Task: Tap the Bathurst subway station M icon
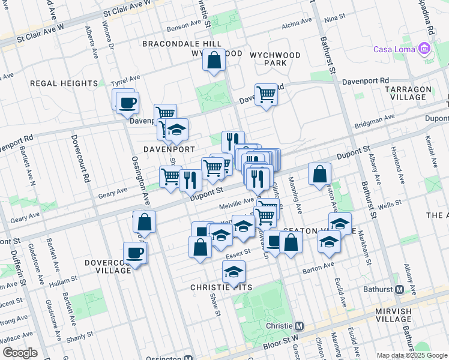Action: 399,289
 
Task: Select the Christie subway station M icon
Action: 300,326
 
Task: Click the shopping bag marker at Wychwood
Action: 214,60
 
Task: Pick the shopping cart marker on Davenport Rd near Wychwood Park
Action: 265,94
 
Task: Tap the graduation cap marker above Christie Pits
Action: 234,272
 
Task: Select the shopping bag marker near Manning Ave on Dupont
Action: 320,173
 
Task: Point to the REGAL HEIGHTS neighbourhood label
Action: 64,83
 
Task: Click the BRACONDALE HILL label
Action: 174,44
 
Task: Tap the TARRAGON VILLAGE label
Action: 409,93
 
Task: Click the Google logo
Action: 20,353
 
